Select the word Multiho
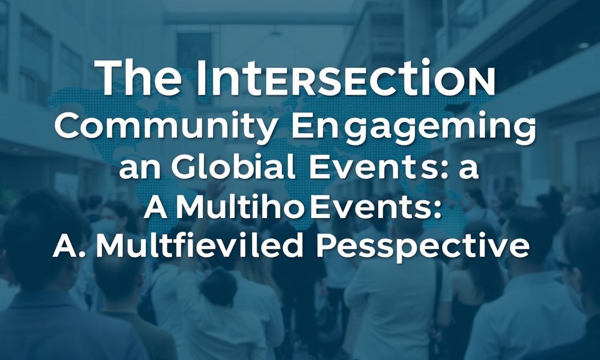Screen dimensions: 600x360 click(x=237, y=205)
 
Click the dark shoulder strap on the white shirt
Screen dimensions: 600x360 click(x=437, y=295)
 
